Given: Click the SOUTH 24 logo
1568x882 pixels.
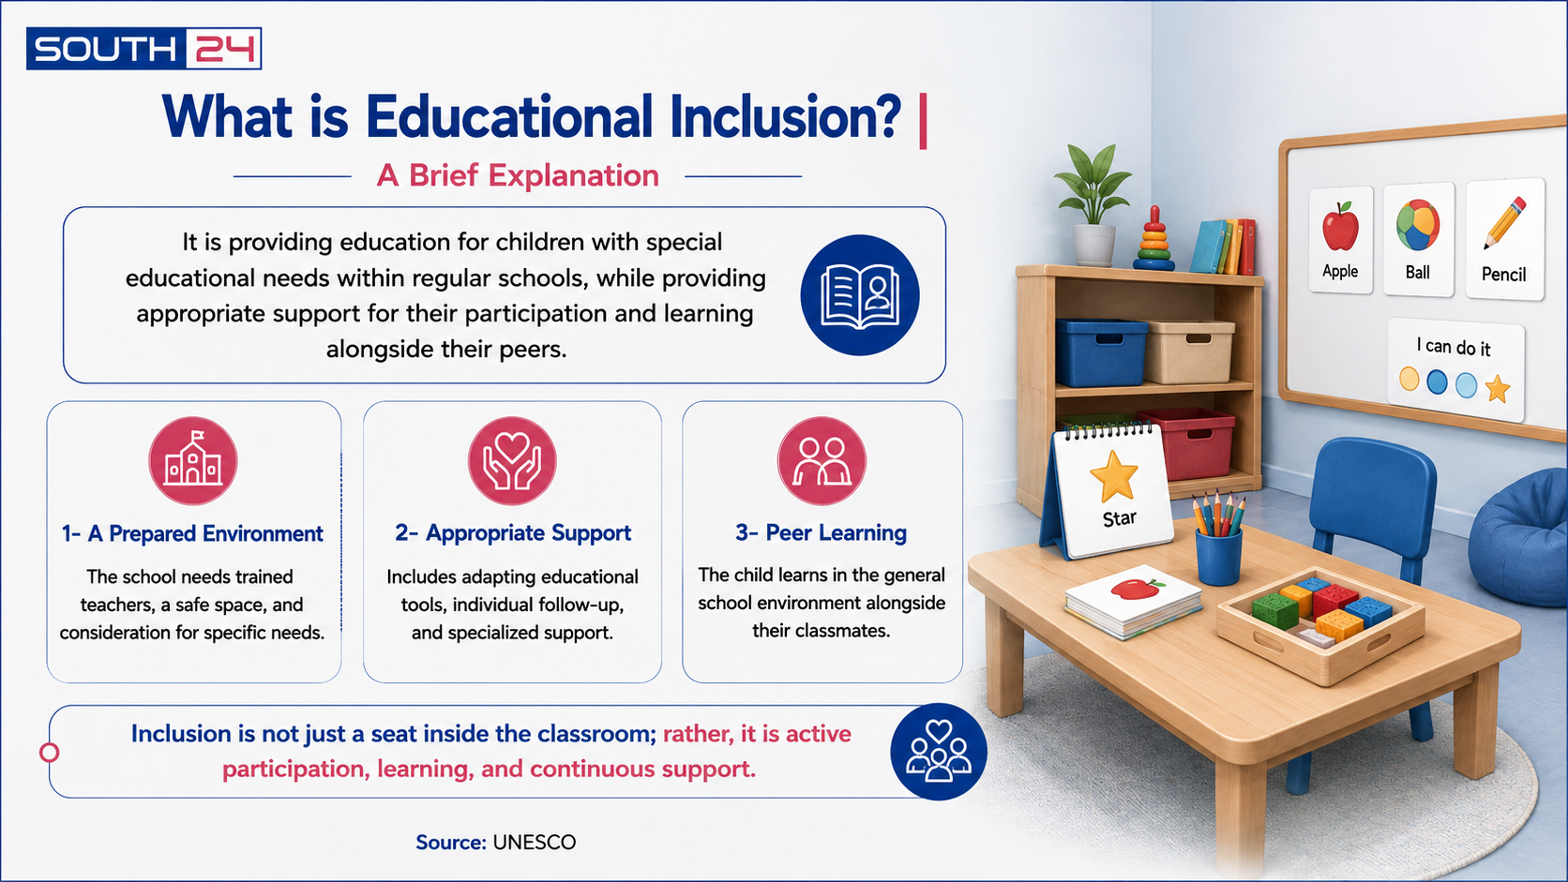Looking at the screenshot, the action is point(143,48).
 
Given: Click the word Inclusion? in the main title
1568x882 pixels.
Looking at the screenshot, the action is point(785,117).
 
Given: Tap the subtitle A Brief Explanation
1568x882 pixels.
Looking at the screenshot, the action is point(518,175).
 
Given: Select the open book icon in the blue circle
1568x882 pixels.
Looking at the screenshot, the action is point(860,295).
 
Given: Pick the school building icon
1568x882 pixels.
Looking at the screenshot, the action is point(193,461).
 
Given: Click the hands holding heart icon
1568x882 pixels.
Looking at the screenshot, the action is point(512,461).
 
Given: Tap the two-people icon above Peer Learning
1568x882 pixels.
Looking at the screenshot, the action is point(822,461).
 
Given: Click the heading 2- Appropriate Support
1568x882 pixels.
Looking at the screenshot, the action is point(512,533).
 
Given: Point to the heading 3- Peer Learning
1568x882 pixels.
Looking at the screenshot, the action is point(822,533).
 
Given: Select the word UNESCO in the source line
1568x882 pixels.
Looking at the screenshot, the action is point(535,842).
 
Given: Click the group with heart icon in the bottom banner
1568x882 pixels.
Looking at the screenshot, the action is point(938,752).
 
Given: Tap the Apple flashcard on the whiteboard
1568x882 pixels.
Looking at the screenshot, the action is point(1340,241).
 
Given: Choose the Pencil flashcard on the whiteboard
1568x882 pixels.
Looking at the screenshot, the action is point(1504,239).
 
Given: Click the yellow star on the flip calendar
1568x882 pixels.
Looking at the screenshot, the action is point(1114,477).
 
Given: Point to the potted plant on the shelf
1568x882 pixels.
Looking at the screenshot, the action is point(1093,205).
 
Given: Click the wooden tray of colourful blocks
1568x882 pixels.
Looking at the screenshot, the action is point(1319,623).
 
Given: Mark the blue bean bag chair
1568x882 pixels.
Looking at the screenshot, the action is point(1520,539).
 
